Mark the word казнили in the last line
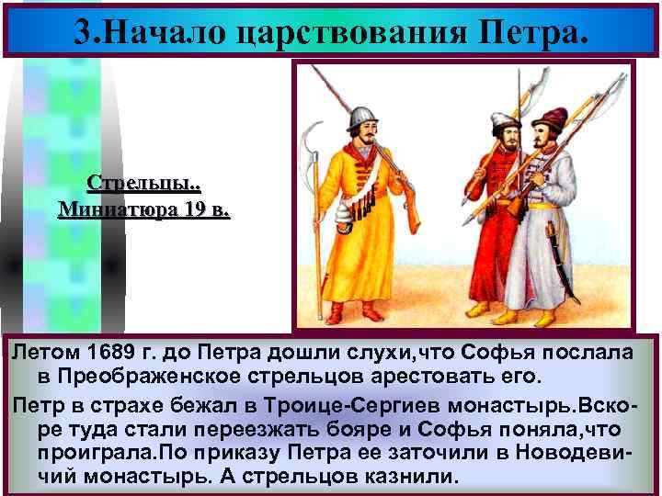pyautogui.click(x=407, y=478)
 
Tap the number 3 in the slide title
pyautogui.click(x=84, y=30)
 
